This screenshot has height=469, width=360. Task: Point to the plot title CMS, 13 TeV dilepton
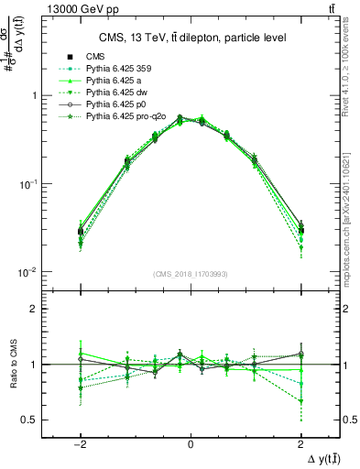click(191, 38)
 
